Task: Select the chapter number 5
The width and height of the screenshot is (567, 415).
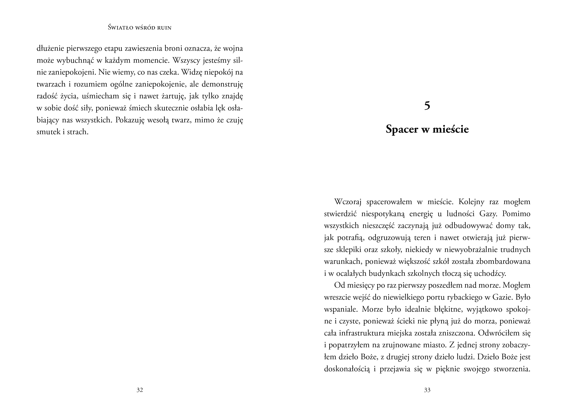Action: [x=427, y=106]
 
